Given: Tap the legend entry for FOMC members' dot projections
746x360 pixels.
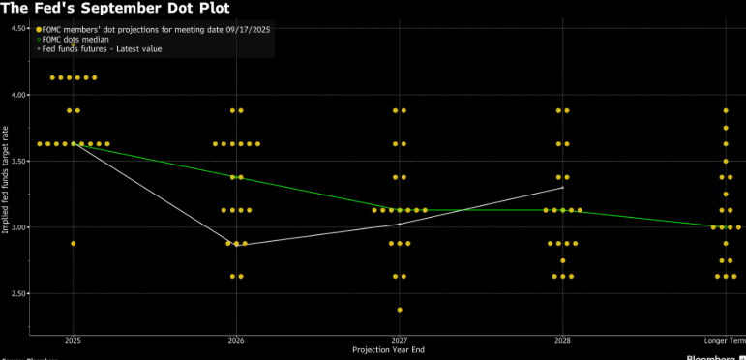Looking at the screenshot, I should click(x=156, y=29).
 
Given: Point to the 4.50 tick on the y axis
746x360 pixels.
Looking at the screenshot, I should click(x=20, y=28).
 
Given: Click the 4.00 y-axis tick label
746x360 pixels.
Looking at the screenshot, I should click(x=20, y=95).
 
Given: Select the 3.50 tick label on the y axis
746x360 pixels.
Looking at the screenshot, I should click(x=20, y=161).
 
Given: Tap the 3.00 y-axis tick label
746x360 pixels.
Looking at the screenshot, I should click(x=20, y=227).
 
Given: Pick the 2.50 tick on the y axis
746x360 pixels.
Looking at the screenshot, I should click(x=20, y=293).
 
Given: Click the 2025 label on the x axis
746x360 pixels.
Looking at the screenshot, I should click(x=73, y=340).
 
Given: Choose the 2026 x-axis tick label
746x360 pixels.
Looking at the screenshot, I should click(x=235, y=340).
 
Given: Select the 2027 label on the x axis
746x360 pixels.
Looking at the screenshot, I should click(x=399, y=340).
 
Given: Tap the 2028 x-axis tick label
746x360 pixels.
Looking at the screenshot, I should click(x=562, y=340).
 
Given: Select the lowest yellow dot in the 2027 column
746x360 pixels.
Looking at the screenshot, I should click(x=400, y=310).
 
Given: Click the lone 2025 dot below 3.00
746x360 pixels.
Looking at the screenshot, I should click(x=73, y=244).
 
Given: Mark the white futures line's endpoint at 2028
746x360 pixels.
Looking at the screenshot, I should click(x=562, y=187).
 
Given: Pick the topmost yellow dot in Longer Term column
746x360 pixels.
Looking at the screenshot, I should click(x=726, y=110).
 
